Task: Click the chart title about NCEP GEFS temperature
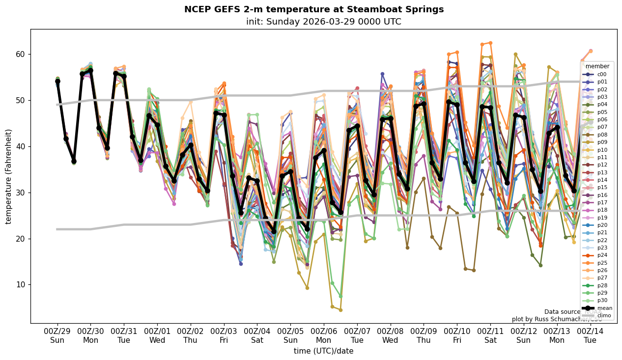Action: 313,9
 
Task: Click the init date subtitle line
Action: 323,22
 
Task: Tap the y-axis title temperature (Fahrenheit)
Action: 8,176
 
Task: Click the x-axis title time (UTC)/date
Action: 323,351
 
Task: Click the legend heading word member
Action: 597,66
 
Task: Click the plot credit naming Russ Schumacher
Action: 557,319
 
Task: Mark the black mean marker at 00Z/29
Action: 57,81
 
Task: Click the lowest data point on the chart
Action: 340,310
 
